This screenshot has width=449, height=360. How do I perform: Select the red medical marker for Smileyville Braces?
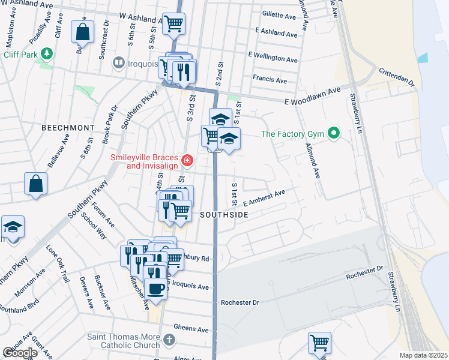(187, 160)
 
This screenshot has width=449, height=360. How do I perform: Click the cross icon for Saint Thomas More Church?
(169, 341)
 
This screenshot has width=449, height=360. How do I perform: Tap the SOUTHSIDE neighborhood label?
(224, 214)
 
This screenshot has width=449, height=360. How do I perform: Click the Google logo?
(20, 353)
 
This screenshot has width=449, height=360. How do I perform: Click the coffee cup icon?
(156, 288)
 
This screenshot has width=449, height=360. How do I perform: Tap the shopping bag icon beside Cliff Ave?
(83, 31)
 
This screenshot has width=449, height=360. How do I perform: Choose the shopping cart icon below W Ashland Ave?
(173, 24)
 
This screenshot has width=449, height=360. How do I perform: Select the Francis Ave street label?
(270, 79)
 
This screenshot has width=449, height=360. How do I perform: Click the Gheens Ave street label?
(191, 328)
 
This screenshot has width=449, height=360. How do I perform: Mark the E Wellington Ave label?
(273, 59)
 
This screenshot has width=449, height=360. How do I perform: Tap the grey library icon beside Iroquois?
(119, 62)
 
